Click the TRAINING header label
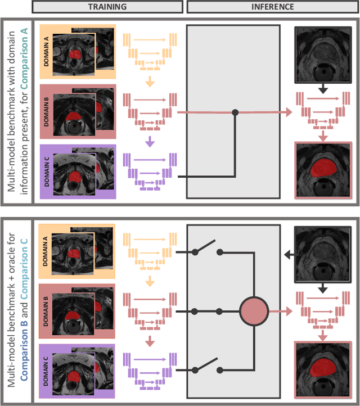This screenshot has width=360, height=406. click(x=107, y=7)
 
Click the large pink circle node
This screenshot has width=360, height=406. click(x=253, y=310)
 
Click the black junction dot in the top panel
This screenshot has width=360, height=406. click(x=235, y=112)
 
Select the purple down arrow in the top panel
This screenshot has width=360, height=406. click(x=148, y=143)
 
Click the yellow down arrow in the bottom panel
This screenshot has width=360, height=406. click(x=148, y=279)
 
